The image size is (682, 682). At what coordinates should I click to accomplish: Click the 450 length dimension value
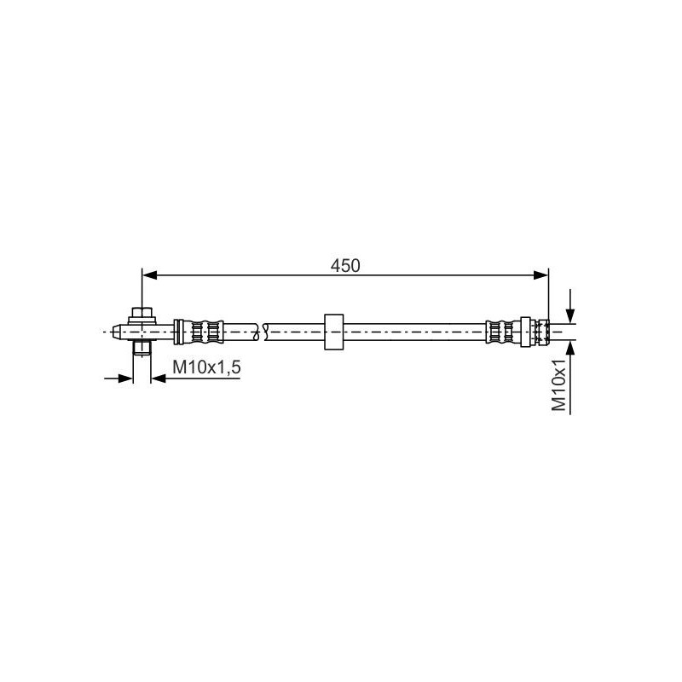click(346, 265)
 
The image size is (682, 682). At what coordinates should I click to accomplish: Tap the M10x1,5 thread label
click(207, 367)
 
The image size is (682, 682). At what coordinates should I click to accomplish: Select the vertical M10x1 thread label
click(559, 385)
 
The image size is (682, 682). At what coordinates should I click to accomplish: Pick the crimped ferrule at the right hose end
click(500, 331)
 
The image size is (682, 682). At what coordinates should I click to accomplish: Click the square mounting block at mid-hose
click(332, 331)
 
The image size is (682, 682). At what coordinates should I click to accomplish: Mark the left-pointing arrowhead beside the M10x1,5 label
click(159, 377)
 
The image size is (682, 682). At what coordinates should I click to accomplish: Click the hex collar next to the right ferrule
click(527, 331)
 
